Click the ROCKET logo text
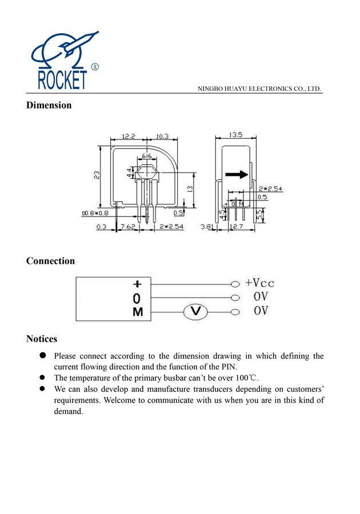62,79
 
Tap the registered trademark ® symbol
95,67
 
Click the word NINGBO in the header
210,89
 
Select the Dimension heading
49,105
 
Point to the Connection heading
50,261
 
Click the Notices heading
42,339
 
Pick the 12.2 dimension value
129,136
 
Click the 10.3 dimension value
162,136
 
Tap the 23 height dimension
98,174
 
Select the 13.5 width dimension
235,135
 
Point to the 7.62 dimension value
127,227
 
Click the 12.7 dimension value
236,227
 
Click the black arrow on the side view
237,175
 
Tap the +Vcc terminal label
260,283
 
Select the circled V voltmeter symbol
195,311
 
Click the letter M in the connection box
138,312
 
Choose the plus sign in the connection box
137,284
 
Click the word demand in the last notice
68,411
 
